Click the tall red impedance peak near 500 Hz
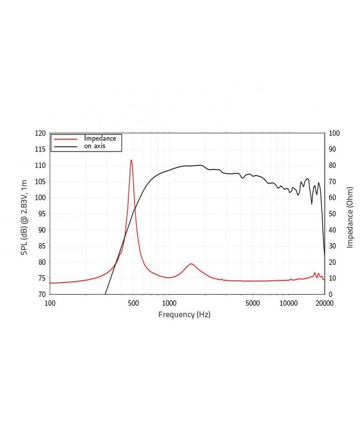[x=131, y=161]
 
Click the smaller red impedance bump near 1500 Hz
[x=191, y=264]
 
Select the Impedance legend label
[x=100, y=138]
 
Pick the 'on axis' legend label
[x=95, y=146]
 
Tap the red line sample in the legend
[x=65, y=139]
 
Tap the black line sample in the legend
[x=65, y=146]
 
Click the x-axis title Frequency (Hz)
[x=184, y=314]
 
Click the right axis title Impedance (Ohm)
[x=350, y=217]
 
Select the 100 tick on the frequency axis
[x=50, y=303]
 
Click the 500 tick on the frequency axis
[x=133, y=303]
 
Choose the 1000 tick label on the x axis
[x=169, y=303]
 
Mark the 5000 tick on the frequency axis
[x=253, y=303]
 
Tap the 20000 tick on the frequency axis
[x=324, y=303]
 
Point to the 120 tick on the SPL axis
[x=39, y=134]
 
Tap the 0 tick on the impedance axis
[x=331, y=294]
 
